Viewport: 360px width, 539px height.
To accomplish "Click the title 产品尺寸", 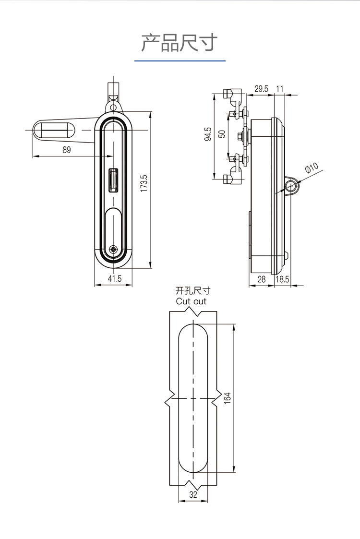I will [180, 43].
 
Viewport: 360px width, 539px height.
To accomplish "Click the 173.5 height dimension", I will [144, 184].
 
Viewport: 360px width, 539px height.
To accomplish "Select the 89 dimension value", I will [66, 150].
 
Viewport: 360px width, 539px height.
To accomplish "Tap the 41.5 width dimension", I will [114, 278].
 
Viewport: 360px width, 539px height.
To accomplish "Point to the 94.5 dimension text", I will [208, 134].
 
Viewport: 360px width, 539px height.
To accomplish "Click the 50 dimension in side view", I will [222, 134].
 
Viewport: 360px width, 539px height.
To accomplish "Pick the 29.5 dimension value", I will [261, 88].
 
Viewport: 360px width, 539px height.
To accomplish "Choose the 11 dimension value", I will [280, 88].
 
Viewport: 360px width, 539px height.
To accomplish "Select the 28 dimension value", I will [262, 279].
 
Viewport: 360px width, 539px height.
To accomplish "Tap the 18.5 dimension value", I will [282, 279].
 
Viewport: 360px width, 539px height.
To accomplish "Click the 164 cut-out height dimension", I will [228, 398].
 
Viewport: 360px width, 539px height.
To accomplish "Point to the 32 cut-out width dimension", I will [193, 495].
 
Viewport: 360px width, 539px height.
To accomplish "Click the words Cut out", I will [191, 301].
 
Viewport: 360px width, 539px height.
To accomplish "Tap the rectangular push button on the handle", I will [114, 180].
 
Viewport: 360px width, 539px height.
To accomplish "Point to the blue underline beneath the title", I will [180, 61].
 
